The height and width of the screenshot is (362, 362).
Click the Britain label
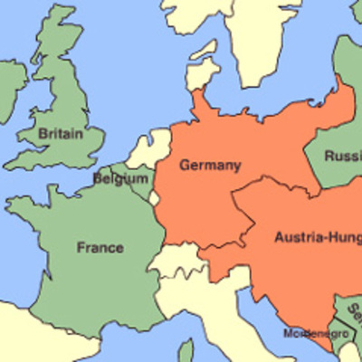pos(61,134)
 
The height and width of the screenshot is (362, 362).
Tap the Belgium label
pos(119,179)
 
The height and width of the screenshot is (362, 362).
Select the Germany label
pos(210,166)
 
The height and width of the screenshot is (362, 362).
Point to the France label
pos(100,247)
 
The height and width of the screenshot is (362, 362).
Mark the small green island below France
pos(186,351)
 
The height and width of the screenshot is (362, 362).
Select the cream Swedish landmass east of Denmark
pos(262,36)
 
